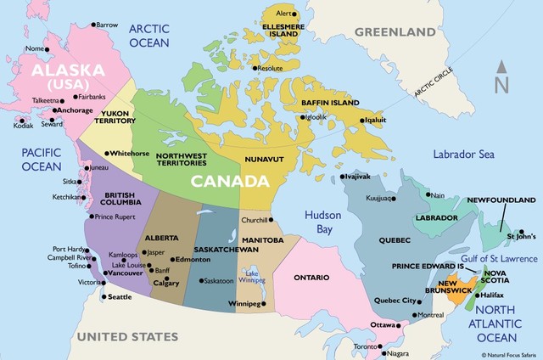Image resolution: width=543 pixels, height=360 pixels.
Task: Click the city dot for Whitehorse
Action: click(106, 153)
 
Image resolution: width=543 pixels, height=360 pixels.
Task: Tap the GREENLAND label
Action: click(400, 31)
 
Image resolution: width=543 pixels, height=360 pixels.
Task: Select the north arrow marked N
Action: click(502, 79)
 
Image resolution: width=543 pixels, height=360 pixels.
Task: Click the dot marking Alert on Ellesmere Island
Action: click(295, 14)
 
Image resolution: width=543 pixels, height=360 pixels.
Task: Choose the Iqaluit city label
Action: click(375, 120)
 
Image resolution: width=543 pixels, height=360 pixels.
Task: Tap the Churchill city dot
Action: click(273, 220)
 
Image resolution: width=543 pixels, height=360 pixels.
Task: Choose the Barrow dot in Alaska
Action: click(93, 25)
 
